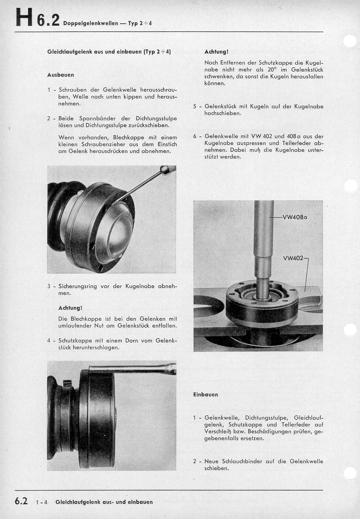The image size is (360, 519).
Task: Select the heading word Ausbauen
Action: tap(60, 74)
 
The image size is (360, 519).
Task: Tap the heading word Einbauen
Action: tap(206, 394)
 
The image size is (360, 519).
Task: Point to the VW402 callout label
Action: tap(293, 258)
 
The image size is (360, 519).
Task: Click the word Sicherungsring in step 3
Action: tap(79, 286)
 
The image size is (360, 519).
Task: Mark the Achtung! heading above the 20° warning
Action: tap(217, 52)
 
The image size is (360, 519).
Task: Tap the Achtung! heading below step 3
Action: tap(71, 307)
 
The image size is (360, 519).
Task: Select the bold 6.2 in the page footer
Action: tap(22, 501)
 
